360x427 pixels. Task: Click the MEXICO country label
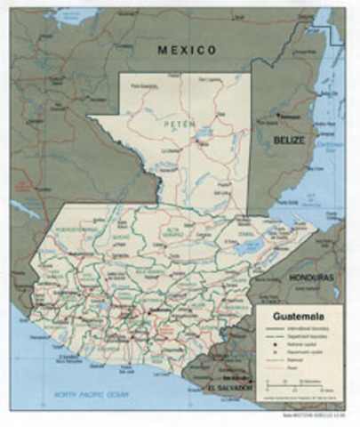187,51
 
